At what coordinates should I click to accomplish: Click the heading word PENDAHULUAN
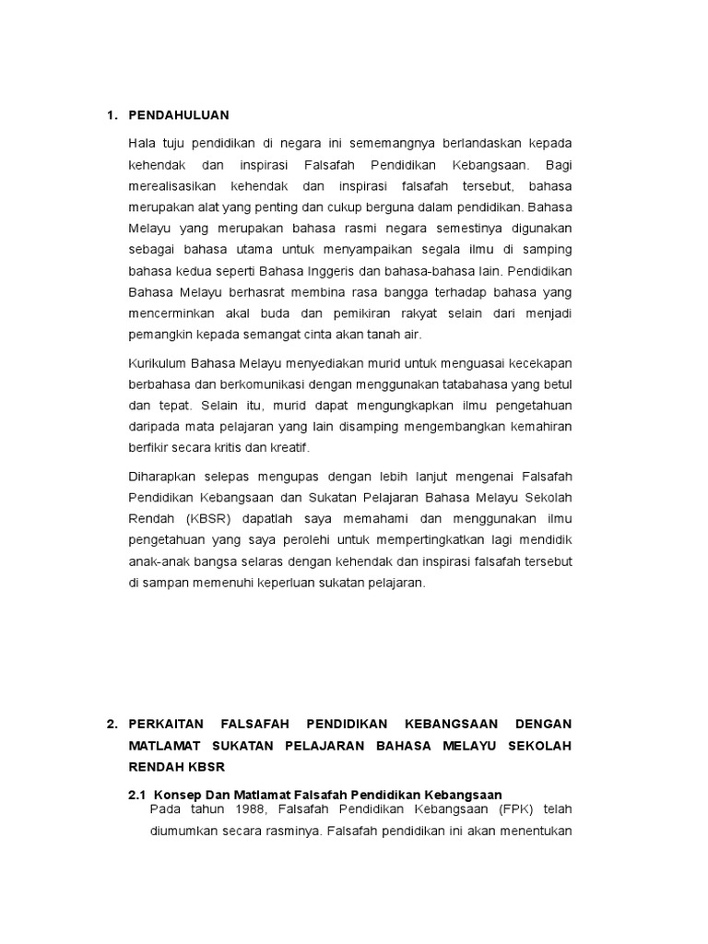point(178,115)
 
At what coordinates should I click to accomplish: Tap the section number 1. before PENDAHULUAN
point(112,115)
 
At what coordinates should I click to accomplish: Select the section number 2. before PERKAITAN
point(112,724)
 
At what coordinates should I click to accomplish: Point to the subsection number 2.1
point(137,794)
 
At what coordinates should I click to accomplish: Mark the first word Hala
point(142,144)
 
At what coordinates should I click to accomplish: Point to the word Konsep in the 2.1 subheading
point(175,794)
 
